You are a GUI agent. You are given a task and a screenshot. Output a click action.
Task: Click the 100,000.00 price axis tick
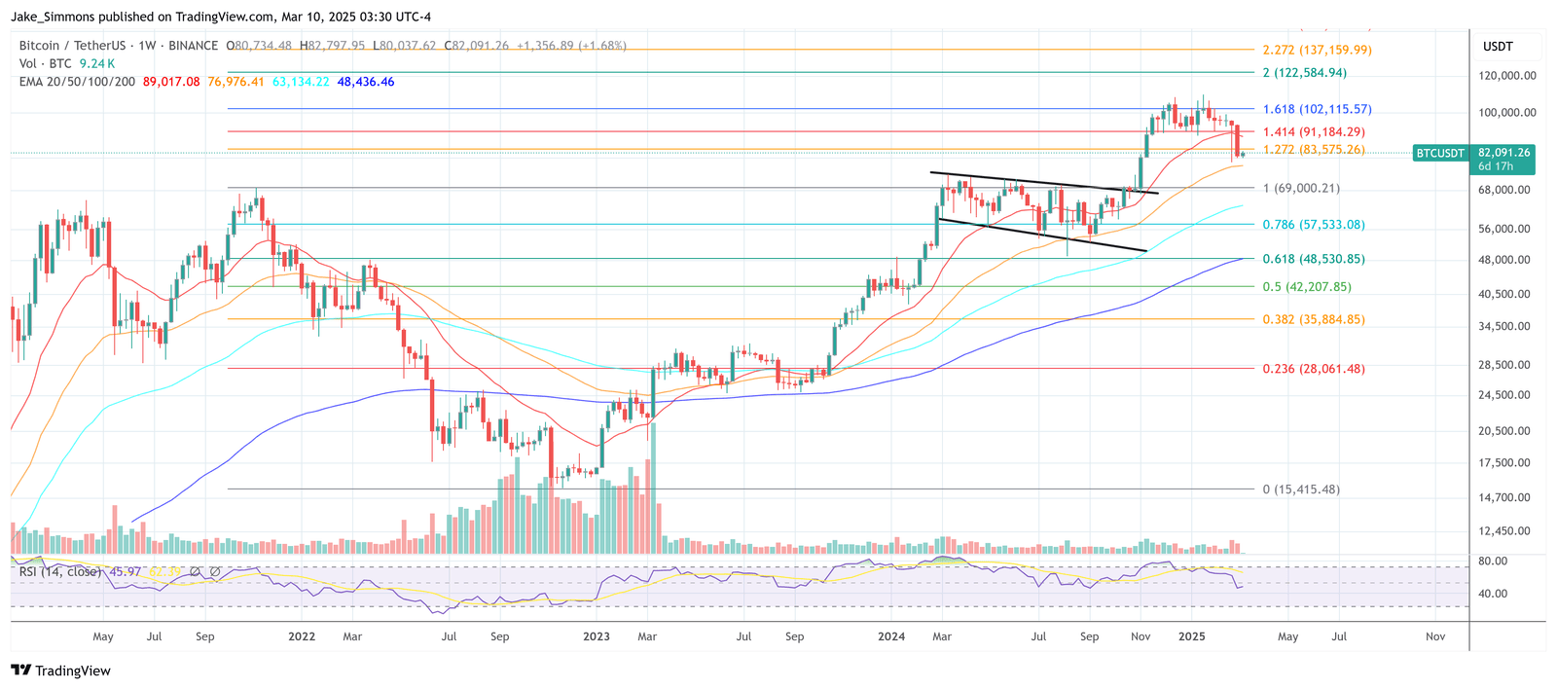pyautogui.click(x=1507, y=113)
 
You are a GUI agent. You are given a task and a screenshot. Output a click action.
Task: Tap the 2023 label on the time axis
pyautogui.click(x=597, y=636)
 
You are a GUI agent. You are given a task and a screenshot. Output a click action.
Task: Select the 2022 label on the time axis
pyautogui.click(x=302, y=636)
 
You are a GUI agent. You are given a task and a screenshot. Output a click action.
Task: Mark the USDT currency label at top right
pyautogui.click(x=1498, y=47)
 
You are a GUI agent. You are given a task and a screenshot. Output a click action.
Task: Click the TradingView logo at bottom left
pyautogui.click(x=60, y=671)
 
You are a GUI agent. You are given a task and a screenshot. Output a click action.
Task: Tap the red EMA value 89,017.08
pyautogui.click(x=171, y=82)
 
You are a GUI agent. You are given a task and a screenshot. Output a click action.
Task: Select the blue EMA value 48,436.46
pyautogui.click(x=366, y=82)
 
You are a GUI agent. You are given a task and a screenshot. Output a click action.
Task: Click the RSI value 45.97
pyautogui.click(x=125, y=572)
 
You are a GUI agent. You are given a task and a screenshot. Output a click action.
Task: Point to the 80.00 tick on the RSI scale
pyautogui.click(x=1493, y=562)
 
